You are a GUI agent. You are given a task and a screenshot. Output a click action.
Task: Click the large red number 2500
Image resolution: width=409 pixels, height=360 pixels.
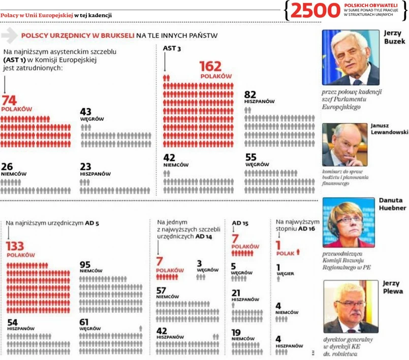tap(316, 11)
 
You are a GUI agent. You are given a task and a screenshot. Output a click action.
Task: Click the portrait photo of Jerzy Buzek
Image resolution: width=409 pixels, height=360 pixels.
tap(351, 57)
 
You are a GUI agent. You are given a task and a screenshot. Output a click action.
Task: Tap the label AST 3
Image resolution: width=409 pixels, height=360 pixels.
tap(172, 48)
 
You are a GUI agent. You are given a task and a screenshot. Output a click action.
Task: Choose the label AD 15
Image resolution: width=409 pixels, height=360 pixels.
tap(240, 223)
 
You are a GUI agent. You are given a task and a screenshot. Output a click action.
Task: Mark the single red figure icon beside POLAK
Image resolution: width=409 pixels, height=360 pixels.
tap(298, 251)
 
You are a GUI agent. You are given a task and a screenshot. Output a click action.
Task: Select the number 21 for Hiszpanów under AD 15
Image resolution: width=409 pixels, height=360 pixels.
tap(236, 293)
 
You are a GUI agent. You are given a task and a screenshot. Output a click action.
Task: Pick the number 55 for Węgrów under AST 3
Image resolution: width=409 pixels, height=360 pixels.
tap(251, 158)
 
